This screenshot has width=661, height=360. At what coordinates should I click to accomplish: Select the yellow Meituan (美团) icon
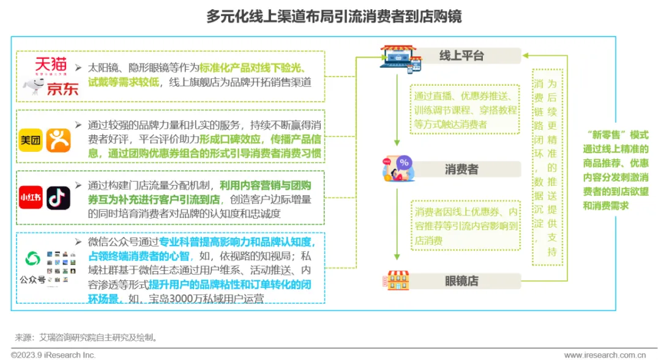31,140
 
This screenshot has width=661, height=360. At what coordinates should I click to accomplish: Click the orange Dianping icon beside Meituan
59,140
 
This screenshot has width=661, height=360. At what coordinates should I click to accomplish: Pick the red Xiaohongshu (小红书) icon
31,197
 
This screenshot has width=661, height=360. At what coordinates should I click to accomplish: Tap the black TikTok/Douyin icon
59,197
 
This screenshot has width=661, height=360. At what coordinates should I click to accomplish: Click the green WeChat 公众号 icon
32,259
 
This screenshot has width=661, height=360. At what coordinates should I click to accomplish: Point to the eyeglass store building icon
398,280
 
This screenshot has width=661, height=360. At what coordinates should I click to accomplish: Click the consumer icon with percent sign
398,168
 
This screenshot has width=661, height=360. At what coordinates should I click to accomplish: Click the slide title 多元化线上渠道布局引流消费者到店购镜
334,17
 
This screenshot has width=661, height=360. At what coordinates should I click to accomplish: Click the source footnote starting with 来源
86,337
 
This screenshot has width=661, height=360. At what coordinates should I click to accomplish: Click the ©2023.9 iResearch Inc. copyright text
53,354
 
